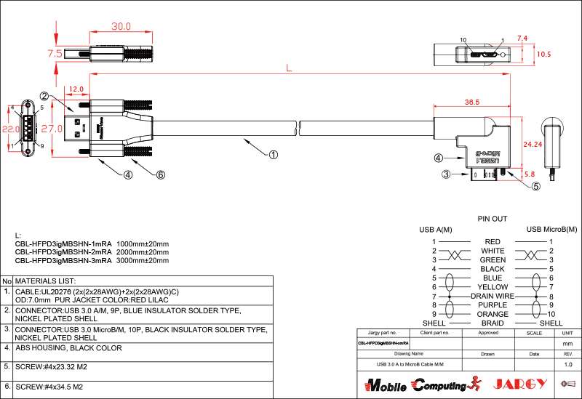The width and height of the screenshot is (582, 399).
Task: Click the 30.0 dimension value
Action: pyautogui.click(x=121, y=26)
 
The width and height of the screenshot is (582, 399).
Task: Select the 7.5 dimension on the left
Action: pyautogui.click(x=55, y=54)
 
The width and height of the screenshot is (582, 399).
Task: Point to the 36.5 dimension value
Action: pyautogui.click(x=471, y=102)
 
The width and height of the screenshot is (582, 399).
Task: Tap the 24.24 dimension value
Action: pyautogui.click(x=533, y=144)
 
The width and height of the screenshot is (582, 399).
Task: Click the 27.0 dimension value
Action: pyautogui.click(x=52, y=129)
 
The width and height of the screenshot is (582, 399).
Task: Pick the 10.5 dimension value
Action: pyautogui.click(x=543, y=55)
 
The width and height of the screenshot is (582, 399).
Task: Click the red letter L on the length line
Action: pyautogui.click(x=290, y=68)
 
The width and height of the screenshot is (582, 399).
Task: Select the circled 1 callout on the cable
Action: pyautogui.click(x=274, y=154)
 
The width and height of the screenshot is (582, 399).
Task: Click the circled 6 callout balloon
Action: pyautogui.click(x=161, y=174)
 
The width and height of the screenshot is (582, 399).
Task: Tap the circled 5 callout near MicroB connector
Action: pyautogui.click(x=536, y=185)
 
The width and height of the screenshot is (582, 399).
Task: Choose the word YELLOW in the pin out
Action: pyautogui.click(x=493, y=287)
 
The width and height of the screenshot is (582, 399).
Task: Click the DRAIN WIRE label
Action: pyautogui.click(x=493, y=297)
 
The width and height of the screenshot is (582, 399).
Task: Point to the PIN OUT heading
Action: pyautogui.click(x=493, y=219)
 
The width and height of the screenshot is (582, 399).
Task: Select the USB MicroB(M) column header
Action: pyautogui.click(x=551, y=230)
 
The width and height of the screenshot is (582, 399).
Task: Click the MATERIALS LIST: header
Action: pyautogui.click(x=46, y=281)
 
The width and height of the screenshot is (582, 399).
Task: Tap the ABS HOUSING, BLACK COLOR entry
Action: pyautogui.click(x=68, y=348)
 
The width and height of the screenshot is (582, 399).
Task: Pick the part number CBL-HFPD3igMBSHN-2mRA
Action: pyautogui.click(x=63, y=251)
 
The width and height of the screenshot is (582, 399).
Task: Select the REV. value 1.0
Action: pyautogui.click(x=568, y=363)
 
